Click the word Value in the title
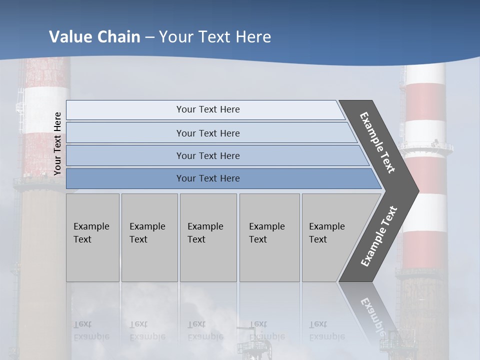click(69, 37)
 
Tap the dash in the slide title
click(149, 37)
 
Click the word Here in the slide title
click(253, 37)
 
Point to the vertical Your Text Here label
click(57, 143)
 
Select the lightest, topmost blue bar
click(125, 110)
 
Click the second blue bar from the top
click(125, 133)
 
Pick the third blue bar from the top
click(125, 155)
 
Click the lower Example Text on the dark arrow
click(379, 236)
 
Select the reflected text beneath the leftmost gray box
click(91, 330)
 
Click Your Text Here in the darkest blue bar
click(208, 178)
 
